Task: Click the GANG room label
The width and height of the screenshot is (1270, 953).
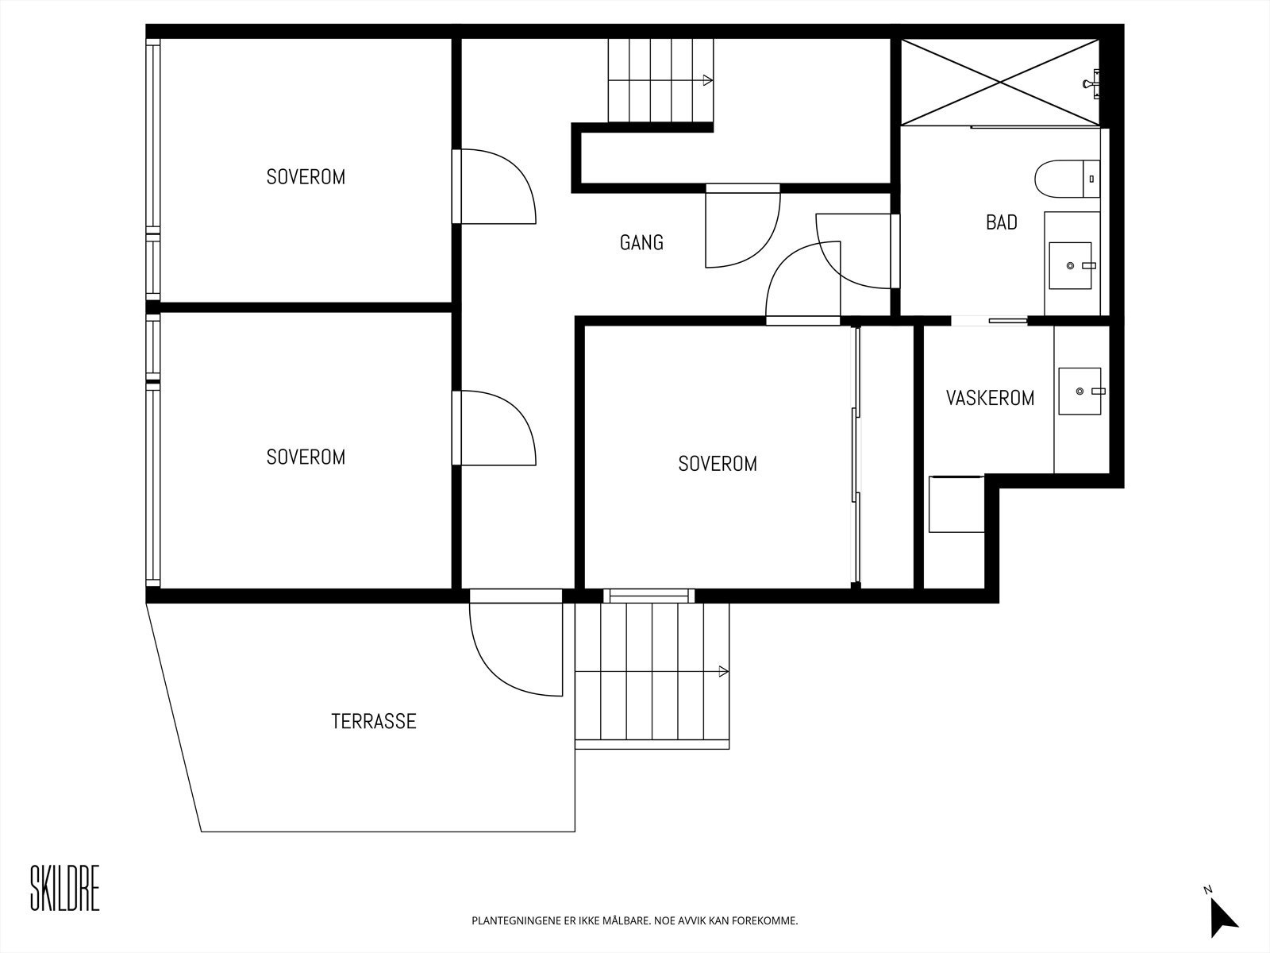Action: (641, 242)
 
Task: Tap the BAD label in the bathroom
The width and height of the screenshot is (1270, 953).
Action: (1002, 222)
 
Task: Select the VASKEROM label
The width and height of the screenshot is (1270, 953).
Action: (990, 398)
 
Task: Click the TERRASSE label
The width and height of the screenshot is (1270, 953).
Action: (374, 722)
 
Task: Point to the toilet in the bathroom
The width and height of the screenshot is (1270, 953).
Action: (1067, 179)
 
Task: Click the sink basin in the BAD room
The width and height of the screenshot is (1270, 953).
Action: (1071, 265)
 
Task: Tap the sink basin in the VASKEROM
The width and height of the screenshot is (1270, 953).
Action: (1079, 392)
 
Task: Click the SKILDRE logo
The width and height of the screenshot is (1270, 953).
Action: (65, 888)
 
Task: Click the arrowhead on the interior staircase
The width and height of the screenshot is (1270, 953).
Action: (707, 80)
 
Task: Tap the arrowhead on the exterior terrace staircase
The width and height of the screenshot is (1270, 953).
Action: (723, 672)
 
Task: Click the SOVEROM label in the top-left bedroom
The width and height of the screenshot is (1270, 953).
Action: (306, 177)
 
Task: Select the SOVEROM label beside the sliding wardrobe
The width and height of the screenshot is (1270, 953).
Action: (718, 464)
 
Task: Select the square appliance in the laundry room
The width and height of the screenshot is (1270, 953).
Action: (956, 504)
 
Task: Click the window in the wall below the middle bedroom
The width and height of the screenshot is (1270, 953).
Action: (648, 596)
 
